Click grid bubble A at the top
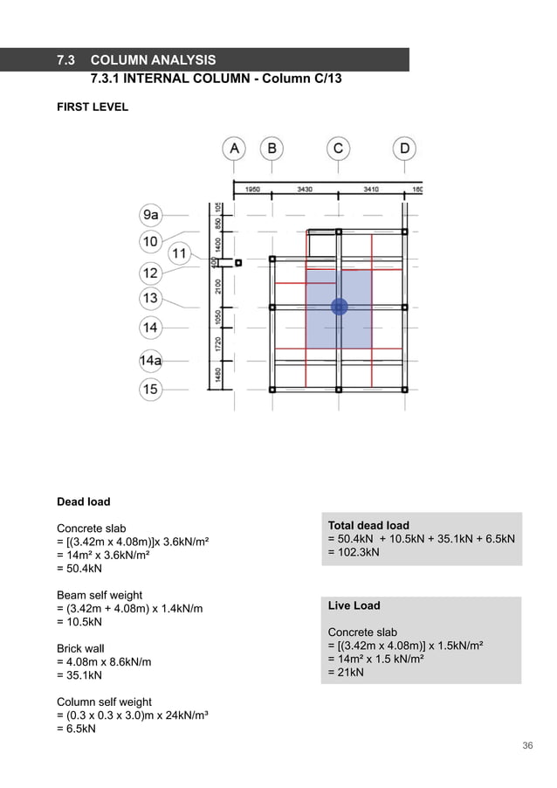pos(234,149)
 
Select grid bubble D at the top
pos(404,149)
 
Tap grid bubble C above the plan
pos(338,149)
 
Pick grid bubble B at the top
pos(272,149)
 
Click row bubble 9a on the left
pos(151,214)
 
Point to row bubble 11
pos(178,254)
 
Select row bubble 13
pos(150,299)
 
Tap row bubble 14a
pos(151,360)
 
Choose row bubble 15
pos(150,389)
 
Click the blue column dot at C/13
pos(339,307)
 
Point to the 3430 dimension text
pos(305,189)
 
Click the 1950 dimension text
pos(251,189)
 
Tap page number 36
pos(527,745)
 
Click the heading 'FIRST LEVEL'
pos(93,107)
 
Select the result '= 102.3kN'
pos(356,552)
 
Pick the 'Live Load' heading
pos(354,605)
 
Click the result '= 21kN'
pos(346,673)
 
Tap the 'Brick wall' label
pos(84,649)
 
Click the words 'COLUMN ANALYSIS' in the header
pos(153,60)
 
